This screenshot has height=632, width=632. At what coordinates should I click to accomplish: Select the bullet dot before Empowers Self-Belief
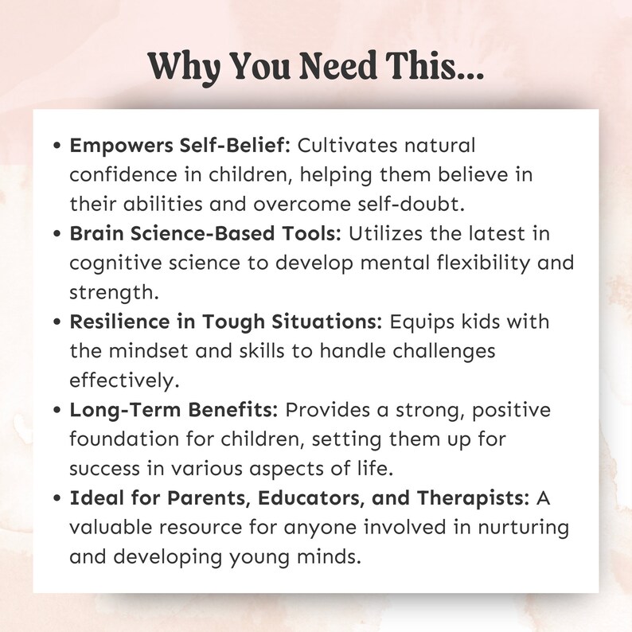click(57, 147)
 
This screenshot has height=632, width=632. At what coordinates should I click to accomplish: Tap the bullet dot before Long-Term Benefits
click(57, 411)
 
